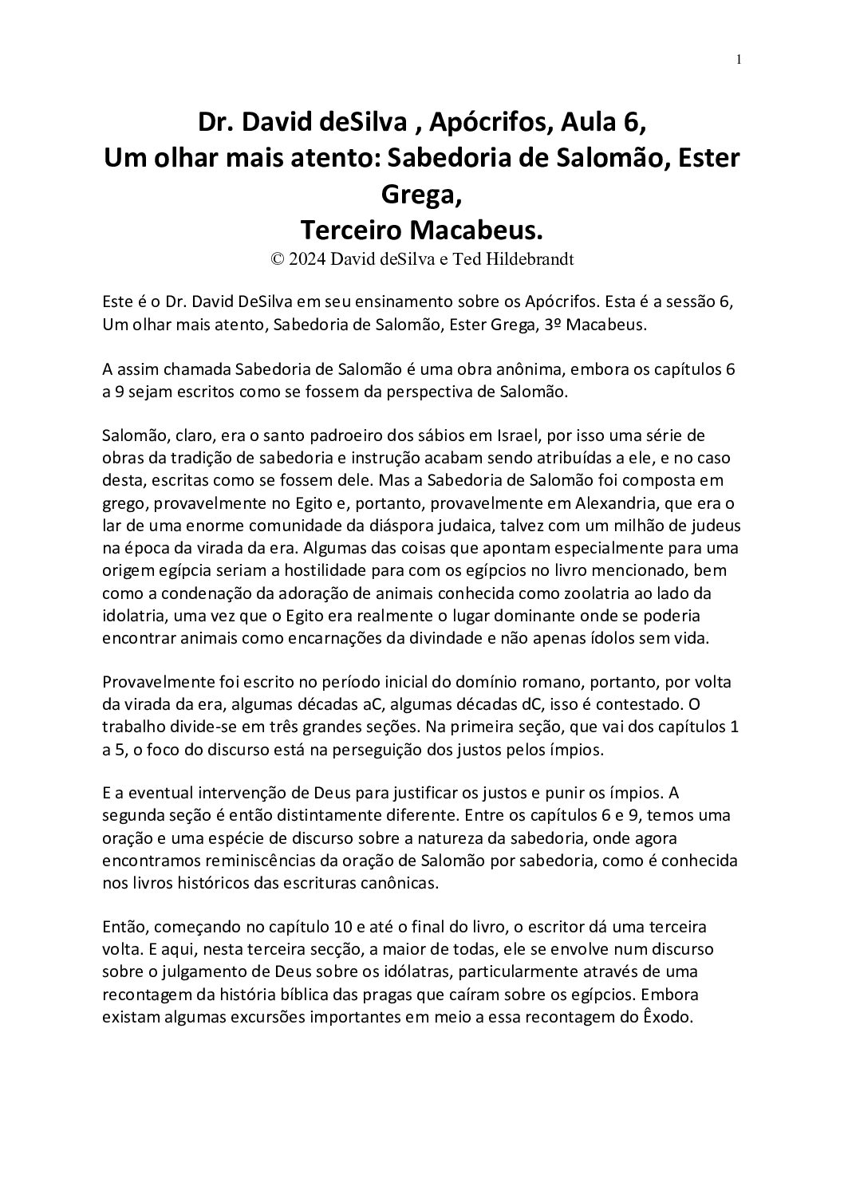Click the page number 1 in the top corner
coord(739,59)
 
